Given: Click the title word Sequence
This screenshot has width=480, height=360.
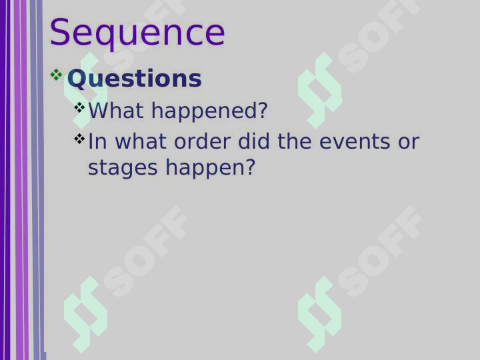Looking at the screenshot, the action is [x=137, y=34].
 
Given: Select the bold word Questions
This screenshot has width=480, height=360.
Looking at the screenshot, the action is [x=135, y=79].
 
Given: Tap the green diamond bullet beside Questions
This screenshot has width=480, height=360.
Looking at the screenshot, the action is [x=56, y=75].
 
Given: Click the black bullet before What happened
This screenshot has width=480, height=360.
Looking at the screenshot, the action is [x=79, y=107].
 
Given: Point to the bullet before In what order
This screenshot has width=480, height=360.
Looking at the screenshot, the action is [x=79, y=139].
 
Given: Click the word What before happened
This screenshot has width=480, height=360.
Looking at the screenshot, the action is [x=116, y=110].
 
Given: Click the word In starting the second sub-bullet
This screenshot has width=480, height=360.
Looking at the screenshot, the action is [x=97, y=141].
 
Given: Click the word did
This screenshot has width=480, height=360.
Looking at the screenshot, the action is [x=254, y=141].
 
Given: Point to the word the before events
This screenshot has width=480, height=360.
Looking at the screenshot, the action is [x=295, y=141].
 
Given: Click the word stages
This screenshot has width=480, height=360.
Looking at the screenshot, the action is [x=123, y=169].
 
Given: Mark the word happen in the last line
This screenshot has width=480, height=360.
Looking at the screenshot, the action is [x=206, y=169].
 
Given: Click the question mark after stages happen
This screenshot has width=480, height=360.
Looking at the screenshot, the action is [x=251, y=167].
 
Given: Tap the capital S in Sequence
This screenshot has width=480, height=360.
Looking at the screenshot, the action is [x=59, y=32].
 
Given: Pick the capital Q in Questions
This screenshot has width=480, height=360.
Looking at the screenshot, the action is [x=76, y=79].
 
